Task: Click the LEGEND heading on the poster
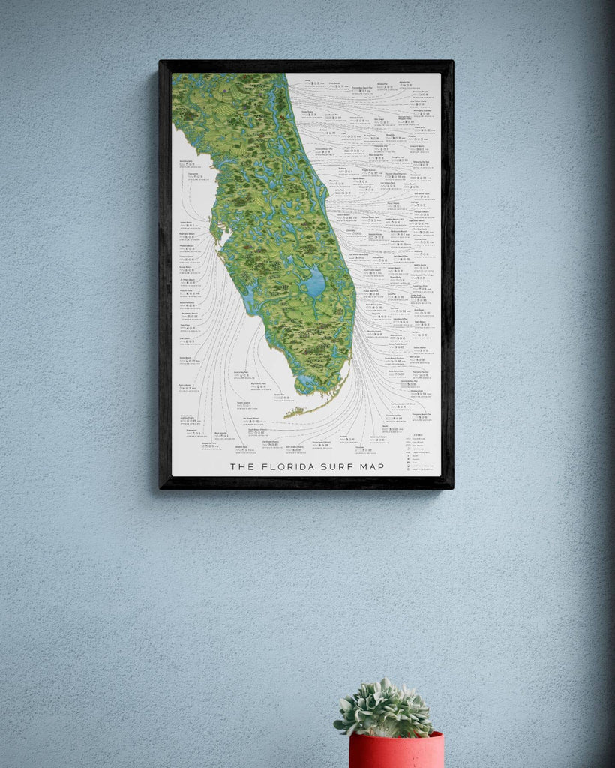pos(416,433)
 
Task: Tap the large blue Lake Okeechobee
pos(316,282)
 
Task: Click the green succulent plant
pos(384,709)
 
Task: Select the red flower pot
pos(396,751)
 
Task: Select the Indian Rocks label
pos(187,223)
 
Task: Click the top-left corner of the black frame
pos(160,62)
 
